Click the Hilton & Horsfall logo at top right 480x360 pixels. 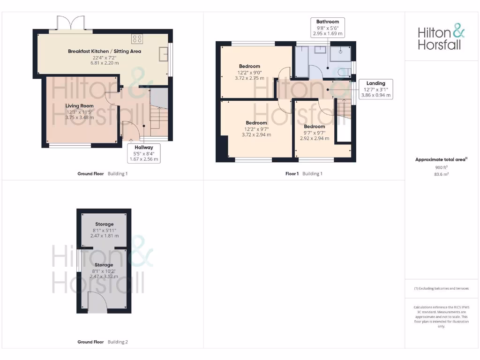(441, 38)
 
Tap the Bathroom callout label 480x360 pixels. (328, 28)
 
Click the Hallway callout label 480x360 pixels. (144, 153)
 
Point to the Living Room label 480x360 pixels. (79, 112)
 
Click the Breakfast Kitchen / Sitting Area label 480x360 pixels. (104, 57)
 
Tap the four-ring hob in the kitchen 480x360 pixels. (137, 39)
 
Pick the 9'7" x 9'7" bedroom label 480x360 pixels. (315, 132)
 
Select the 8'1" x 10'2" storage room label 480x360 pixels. (104, 271)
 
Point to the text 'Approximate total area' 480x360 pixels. (441, 160)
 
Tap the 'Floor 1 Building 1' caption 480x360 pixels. (304, 174)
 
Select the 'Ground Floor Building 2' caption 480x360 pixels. (102, 342)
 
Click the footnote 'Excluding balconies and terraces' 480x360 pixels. (441, 289)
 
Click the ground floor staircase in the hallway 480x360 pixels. (158, 120)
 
